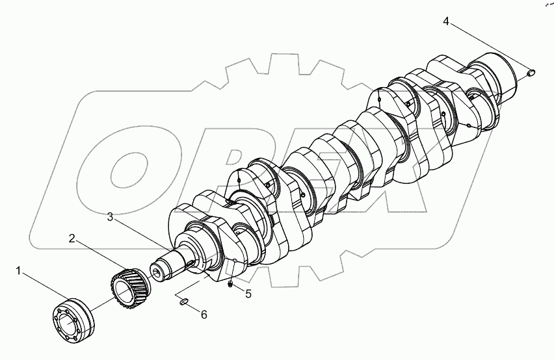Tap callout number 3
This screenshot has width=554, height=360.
[111, 217]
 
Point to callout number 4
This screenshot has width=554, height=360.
[446, 22]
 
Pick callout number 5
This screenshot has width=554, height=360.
[248, 294]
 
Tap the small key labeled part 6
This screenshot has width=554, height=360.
[183, 300]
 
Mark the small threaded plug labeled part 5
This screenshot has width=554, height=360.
[231, 283]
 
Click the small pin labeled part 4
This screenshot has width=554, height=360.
[531, 72]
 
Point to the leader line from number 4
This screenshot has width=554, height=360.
[488, 47]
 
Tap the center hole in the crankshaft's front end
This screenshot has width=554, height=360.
[157, 268]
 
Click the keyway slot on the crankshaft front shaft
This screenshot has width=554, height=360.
[190, 263]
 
